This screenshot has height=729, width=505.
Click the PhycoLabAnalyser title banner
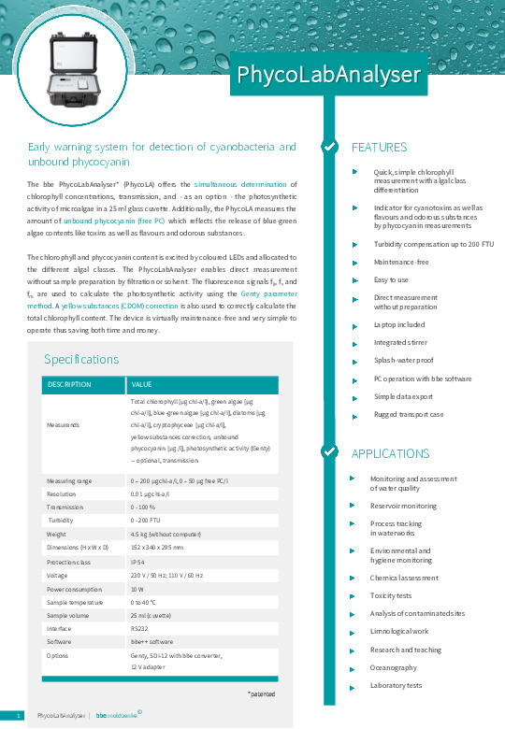tap(328, 74)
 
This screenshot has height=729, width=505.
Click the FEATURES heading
tap(379, 148)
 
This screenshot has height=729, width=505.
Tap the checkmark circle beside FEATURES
tap(329, 147)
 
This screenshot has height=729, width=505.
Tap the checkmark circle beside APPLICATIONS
tap(329, 452)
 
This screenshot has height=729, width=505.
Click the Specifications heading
tap(81, 359)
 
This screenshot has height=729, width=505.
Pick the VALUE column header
tap(142, 384)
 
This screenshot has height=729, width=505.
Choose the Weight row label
tap(57, 534)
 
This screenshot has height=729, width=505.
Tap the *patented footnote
tap(262, 693)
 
